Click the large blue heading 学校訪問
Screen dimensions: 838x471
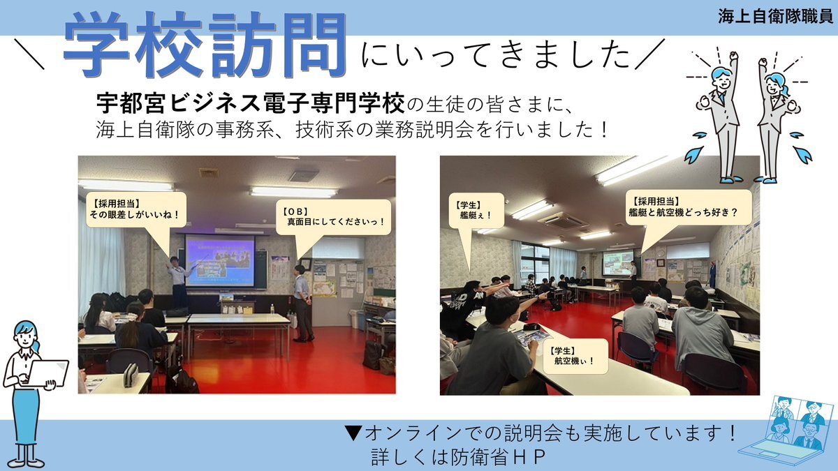(204, 45)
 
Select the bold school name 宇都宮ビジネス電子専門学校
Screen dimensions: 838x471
(251, 103)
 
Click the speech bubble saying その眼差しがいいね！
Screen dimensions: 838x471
(136, 210)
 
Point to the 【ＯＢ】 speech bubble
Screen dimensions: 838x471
(334, 217)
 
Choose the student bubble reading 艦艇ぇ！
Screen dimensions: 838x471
(476, 211)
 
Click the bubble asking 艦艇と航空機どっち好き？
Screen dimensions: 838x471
(689, 207)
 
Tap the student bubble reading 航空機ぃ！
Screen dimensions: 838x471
(575, 357)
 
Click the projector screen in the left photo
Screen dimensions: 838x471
(220, 260)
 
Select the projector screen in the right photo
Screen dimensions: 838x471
(617, 263)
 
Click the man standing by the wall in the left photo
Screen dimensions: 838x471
(302, 304)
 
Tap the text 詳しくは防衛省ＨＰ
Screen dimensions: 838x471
(458, 457)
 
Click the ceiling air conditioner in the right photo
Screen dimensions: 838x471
(564, 219)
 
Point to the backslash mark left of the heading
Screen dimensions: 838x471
(29, 54)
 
